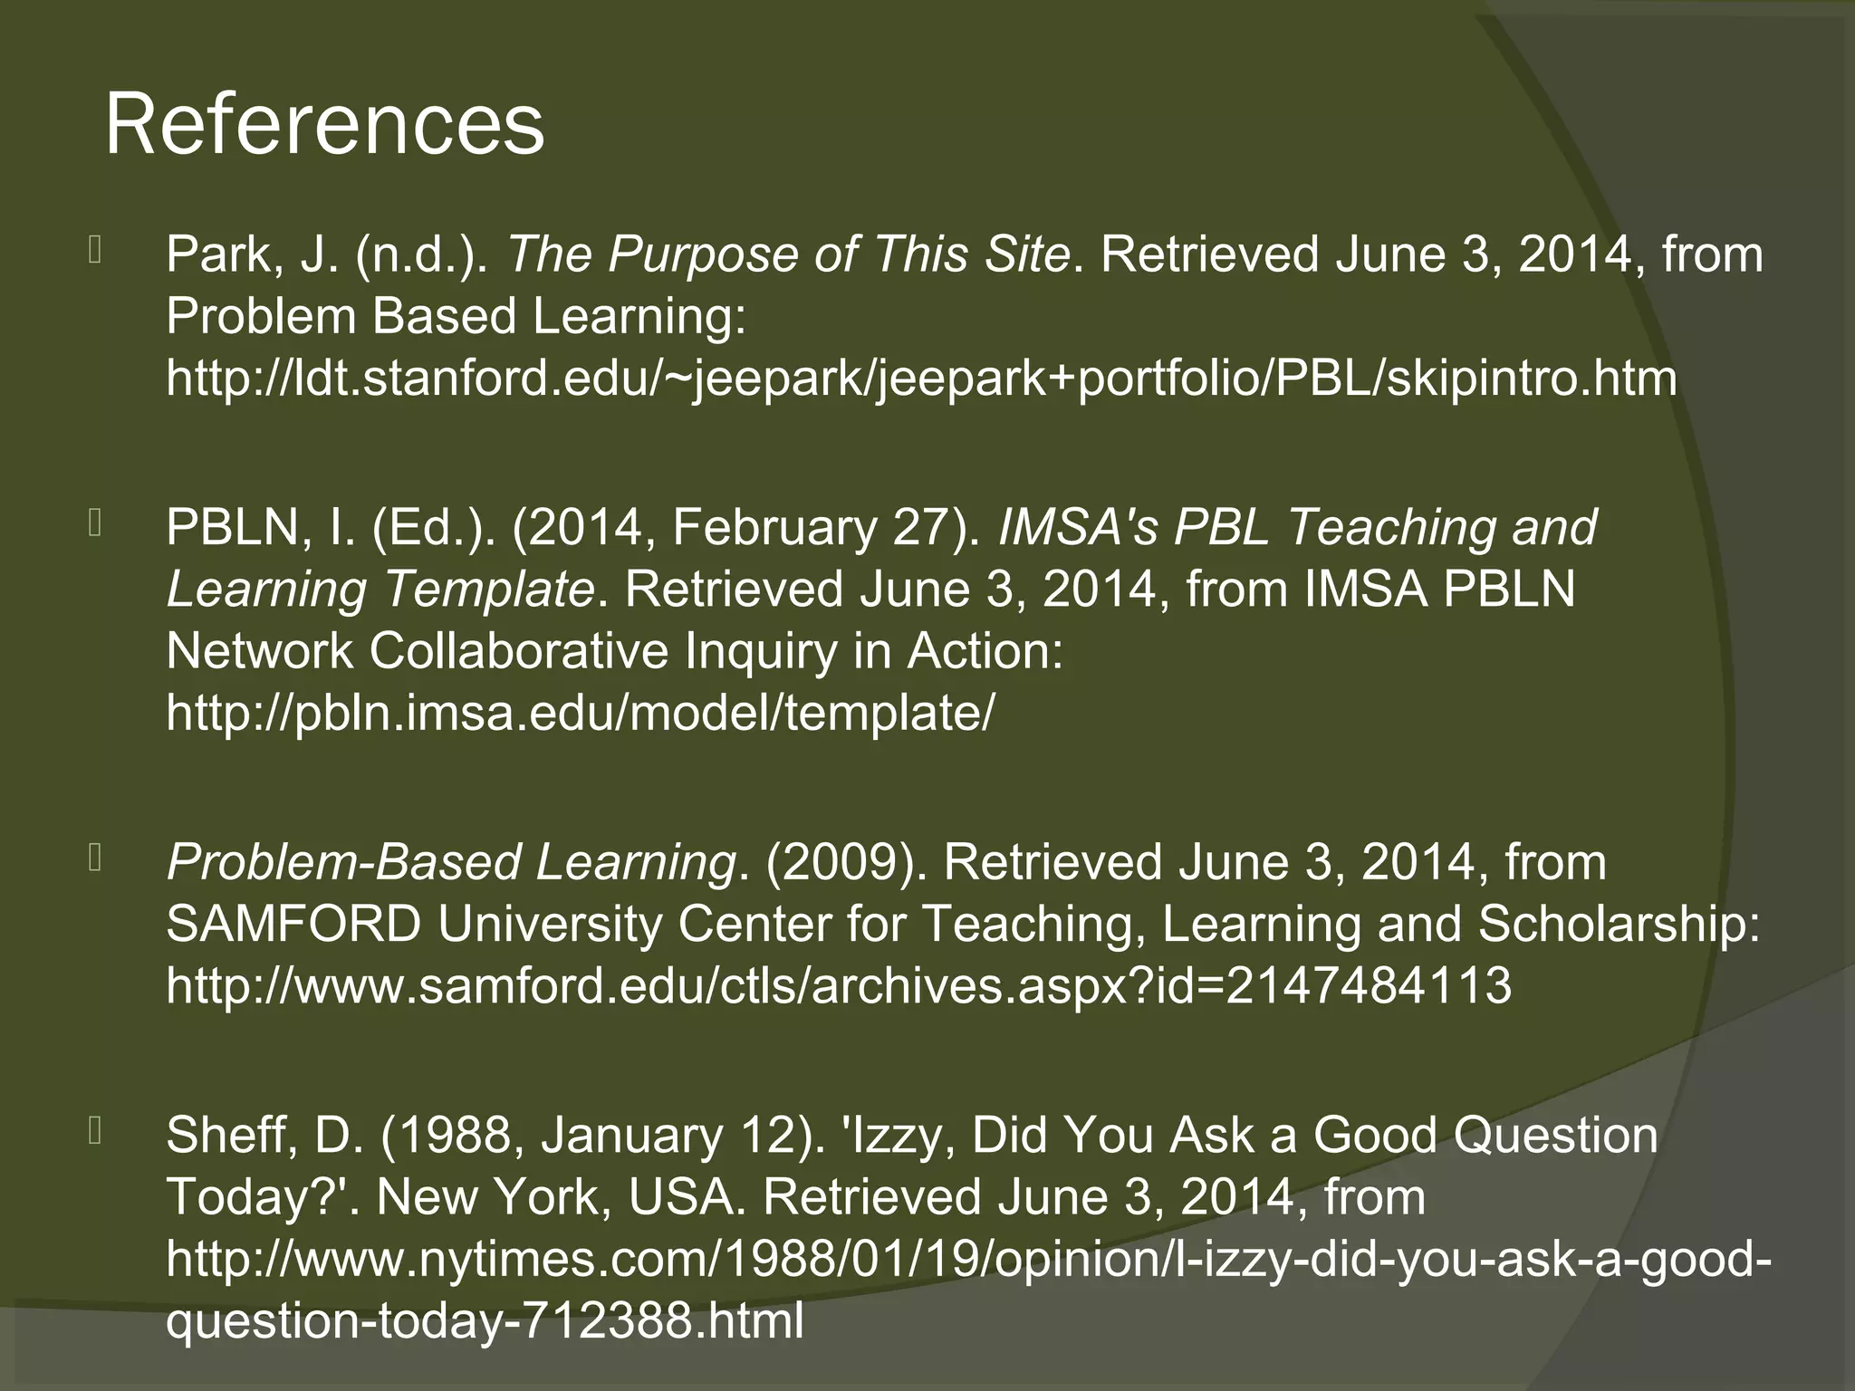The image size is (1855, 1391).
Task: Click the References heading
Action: tap(324, 125)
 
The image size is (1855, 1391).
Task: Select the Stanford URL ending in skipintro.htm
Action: tap(921, 378)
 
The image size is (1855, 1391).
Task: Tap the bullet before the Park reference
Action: tap(95, 250)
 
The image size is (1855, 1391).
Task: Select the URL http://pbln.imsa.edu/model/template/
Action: tap(580, 713)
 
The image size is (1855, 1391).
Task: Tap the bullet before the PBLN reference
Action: tap(95, 523)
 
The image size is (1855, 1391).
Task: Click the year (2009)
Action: tap(844, 862)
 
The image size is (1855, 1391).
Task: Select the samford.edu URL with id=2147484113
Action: tap(838, 985)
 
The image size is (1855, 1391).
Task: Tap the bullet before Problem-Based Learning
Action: tap(95, 858)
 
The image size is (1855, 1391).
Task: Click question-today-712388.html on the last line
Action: tap(485, 1320)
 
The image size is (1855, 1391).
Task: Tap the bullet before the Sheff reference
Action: tap(95, 1131)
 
